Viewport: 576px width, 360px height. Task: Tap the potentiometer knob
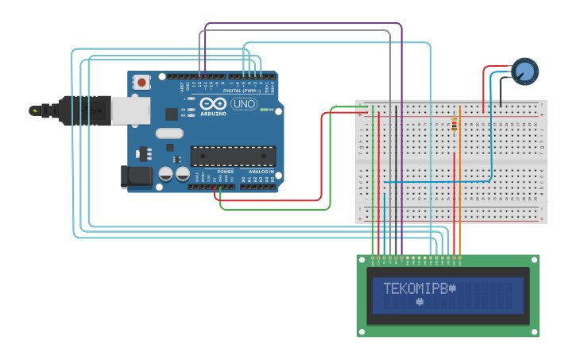[x=524, y=72]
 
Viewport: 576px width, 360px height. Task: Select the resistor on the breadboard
[x=454, y=124]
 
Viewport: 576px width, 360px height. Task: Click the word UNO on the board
[x=242, y=104]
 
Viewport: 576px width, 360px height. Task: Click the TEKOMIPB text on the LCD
[x=416, y=288]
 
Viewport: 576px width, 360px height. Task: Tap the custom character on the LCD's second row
[x=419, y=302]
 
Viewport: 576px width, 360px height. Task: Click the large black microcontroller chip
[x=233, y=156]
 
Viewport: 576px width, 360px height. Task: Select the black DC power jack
[x=136, y=176]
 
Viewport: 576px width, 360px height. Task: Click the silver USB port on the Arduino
[x=130, y=110]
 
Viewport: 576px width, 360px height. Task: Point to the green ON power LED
[x=264, y=110]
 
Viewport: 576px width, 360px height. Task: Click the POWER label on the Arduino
[x=226, y=172]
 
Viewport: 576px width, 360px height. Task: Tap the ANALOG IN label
[x=260, y=172]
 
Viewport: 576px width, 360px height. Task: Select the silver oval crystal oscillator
[x=169, y=134]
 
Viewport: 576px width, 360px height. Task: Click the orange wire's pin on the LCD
[x=460, y=257]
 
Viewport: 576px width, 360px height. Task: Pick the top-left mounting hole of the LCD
[x=362, y=259]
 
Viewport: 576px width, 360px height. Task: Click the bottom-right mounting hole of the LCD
[x=535, y=332]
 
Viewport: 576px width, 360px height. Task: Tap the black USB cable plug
[x=79, y=110]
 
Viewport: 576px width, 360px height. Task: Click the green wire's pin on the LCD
[x=373, y=257]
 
